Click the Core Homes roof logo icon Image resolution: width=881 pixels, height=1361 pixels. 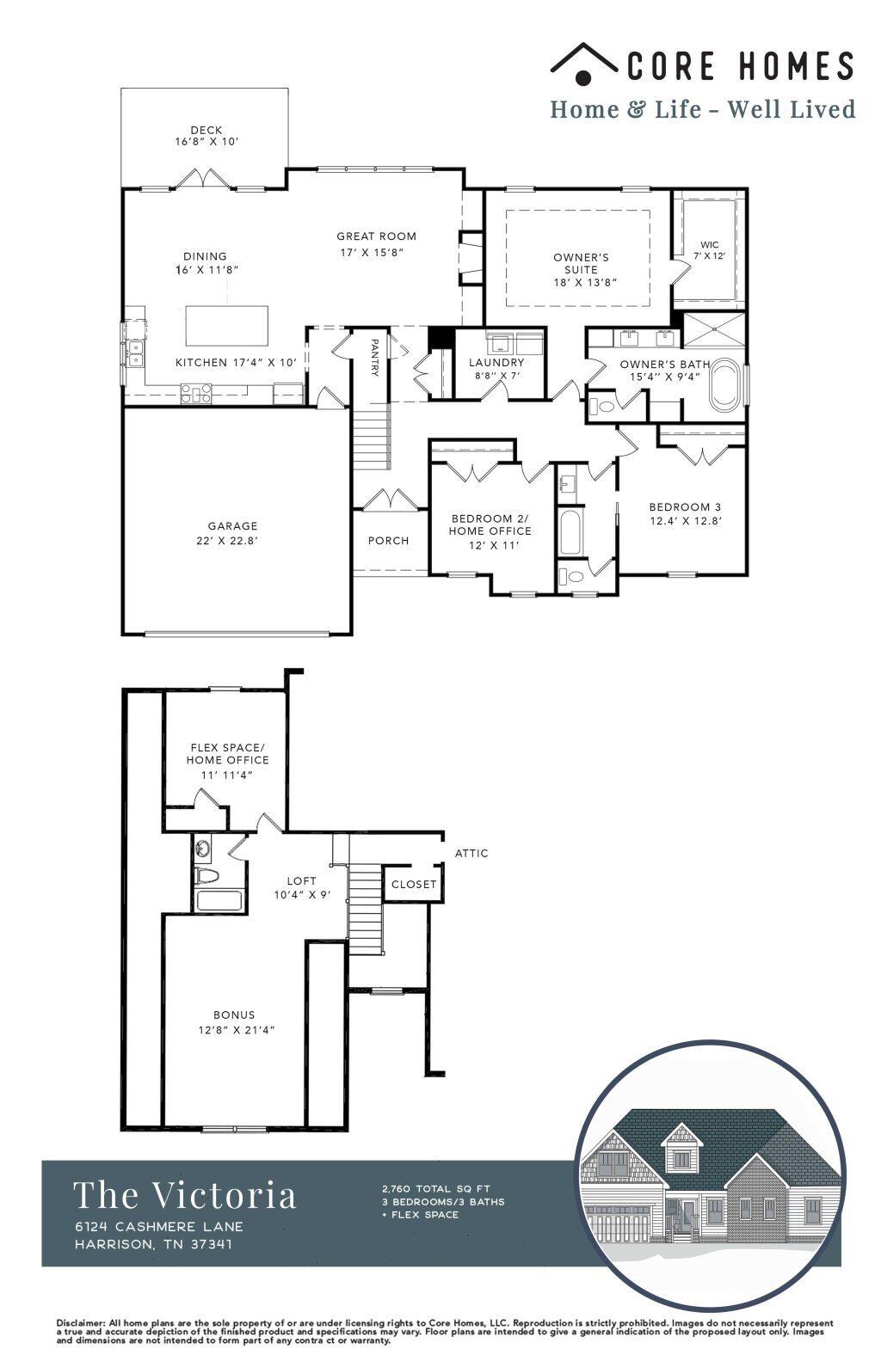[583, 64]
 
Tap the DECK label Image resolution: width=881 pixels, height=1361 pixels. [206, 130]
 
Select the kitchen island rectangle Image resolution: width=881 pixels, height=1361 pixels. [226, 325]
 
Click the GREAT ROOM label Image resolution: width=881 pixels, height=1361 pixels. [376, 236]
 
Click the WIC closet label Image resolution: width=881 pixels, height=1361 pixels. [709, 245]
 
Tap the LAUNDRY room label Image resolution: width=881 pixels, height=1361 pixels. [496, 363]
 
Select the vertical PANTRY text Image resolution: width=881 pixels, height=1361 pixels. [374, 358]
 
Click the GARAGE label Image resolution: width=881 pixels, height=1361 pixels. [232, 526]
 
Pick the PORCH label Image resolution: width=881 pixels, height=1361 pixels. [388, 541]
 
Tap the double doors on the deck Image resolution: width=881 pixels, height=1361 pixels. [204, 180]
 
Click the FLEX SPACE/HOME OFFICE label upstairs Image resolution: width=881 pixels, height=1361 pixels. [228, 753]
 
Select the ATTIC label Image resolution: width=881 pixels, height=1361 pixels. [471, 853]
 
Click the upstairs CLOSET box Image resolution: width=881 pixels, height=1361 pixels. [414, 884]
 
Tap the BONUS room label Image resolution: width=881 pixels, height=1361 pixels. [234, 1015]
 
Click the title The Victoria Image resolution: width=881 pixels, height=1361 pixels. [185, 1195]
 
